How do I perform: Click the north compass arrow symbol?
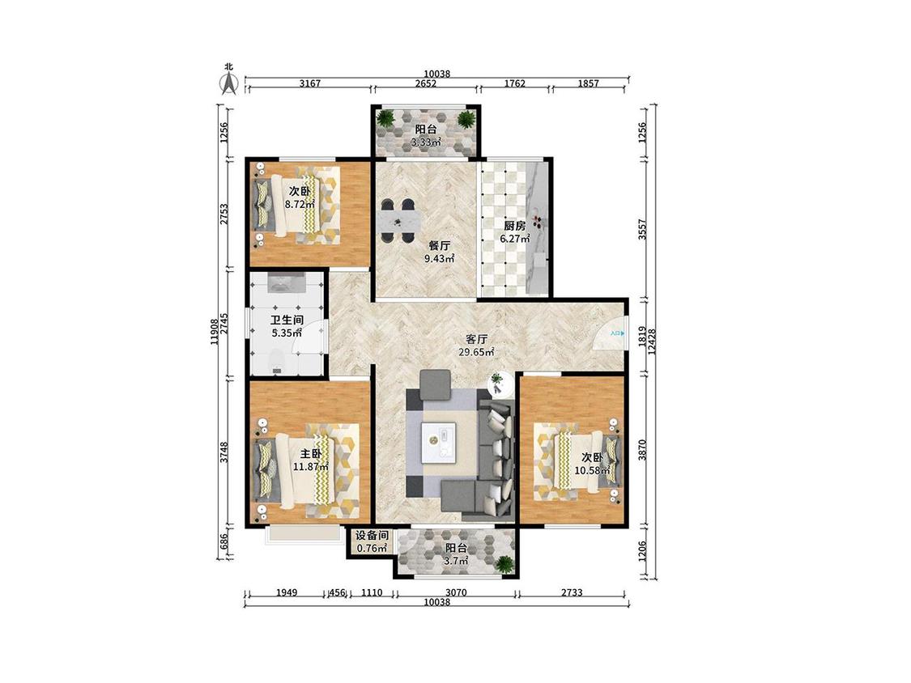[229, 82]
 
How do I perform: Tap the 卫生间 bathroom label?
[287, 320]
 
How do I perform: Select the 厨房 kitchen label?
[515, 225]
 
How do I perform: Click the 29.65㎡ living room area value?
[476, 352]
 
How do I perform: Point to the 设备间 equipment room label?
[372, 536]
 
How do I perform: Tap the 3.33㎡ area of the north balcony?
[426, 142]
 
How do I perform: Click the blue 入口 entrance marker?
[617, 334]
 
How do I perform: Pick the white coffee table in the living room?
[439, 441]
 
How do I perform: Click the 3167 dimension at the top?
[309, 83]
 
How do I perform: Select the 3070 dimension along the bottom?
[456, 592]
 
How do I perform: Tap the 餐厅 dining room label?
[439, 246]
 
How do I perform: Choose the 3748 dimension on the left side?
[224, 452]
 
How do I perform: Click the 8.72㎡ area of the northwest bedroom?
[300, 204]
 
